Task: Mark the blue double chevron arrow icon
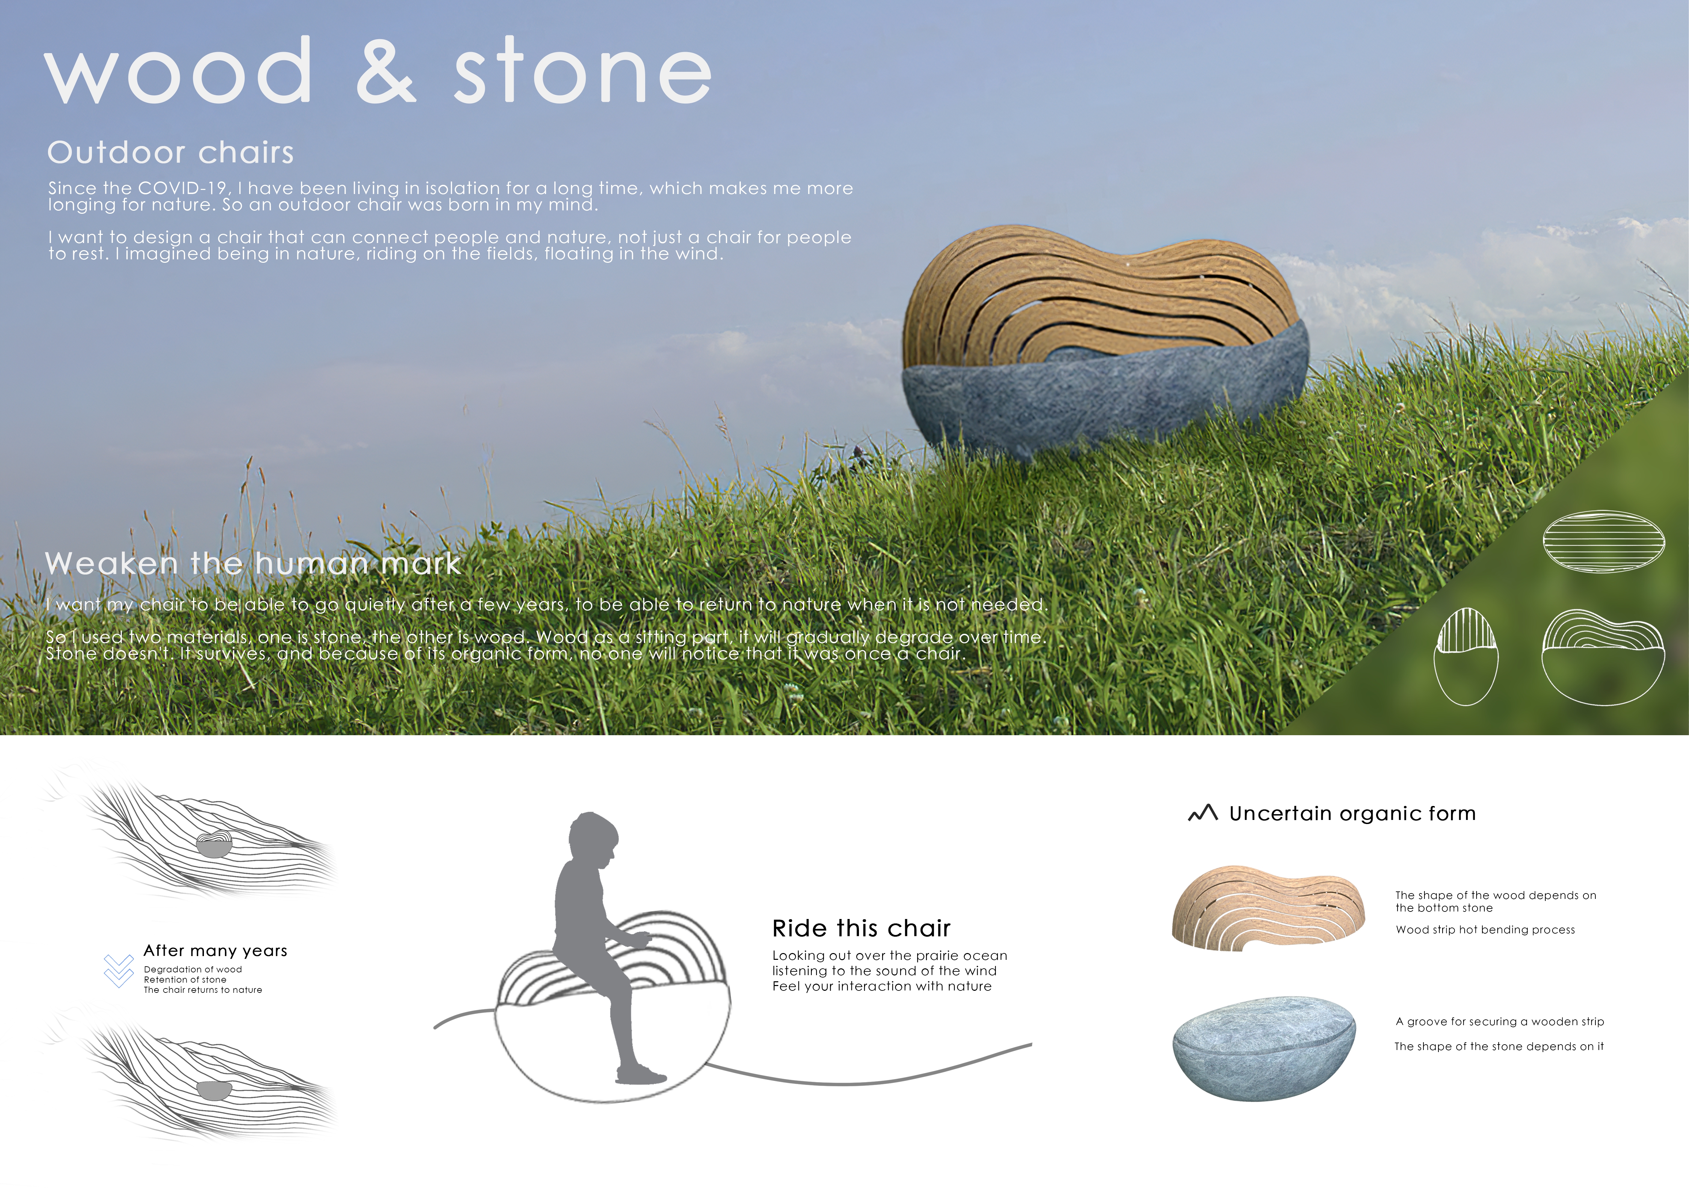118,970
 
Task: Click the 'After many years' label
215,951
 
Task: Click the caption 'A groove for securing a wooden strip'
1499,1022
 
